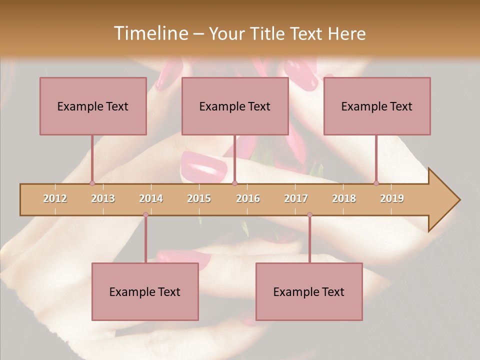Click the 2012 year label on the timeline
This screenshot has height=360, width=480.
[x=55, y=198]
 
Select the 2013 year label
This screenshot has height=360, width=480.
[x=103, y=198]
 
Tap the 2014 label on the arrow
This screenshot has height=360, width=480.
[x=151, y=198]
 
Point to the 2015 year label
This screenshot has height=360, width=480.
[x=199, y=198]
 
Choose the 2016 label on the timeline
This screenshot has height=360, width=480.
[x=248, y=198]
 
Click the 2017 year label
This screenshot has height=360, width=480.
[x=296, y=198]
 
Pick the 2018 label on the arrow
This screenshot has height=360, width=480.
[x=344, y=198]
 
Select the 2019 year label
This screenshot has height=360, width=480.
[x=392, y=198]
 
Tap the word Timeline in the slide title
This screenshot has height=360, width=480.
[x=150, y=33]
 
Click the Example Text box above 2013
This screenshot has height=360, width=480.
[x=93, y=106]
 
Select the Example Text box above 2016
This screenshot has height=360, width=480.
[x=235, y=106]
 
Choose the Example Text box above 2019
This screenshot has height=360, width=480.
[x=377, y=106]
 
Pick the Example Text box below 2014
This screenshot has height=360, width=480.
[x=145, y=291]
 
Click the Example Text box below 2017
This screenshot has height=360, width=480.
[x=309, y=291]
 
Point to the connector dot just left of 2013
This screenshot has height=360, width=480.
[x=92, y=183]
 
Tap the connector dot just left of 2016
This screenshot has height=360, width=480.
[x=234, y=183]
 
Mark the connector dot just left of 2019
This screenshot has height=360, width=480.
[x=376, y=183]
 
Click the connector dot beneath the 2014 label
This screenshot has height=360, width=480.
[x=145, y=214]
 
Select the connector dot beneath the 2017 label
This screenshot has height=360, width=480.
[x=309, y=214]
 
